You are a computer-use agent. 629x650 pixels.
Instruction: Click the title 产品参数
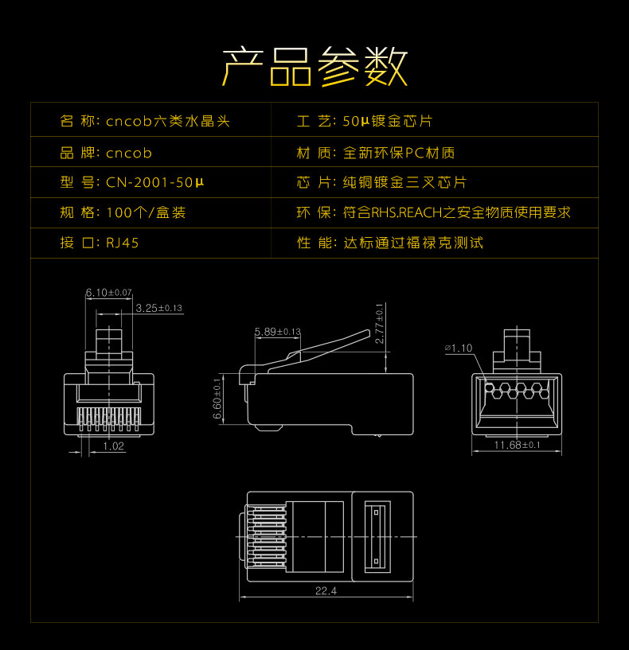coord(314,66)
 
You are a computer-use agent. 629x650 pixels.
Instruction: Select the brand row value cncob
coord(128,152)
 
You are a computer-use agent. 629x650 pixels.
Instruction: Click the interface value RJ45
coord(123,243)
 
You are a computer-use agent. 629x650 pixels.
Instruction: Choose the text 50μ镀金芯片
coord(388,122)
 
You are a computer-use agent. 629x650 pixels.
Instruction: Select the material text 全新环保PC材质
coord(399,152)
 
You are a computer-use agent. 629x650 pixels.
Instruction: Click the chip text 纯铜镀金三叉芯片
coord(404,182)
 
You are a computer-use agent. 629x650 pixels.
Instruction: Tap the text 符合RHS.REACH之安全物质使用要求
coord(457,212)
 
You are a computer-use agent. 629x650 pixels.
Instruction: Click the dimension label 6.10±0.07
coord(108,293)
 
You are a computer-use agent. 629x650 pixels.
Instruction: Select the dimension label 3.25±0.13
coord(158,308)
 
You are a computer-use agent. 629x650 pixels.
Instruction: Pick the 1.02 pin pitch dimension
coord(113,446)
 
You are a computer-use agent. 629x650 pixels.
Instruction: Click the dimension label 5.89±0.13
coord(278,331)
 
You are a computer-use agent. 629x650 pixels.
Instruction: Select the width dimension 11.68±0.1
coord(518,445)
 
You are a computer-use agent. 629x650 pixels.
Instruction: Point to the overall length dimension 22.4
coord(326,591)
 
